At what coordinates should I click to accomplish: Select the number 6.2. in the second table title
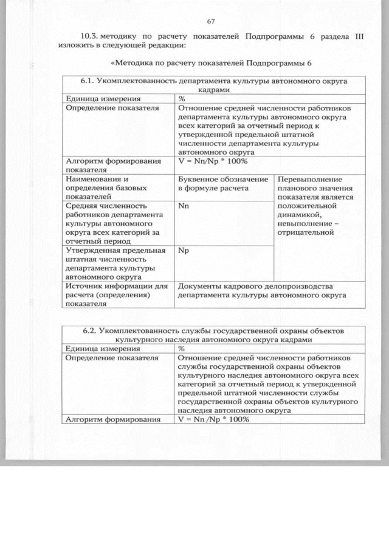click(92, 331)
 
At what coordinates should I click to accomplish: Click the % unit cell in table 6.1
click(182, 98)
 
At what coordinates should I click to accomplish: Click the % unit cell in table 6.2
click(182, 349)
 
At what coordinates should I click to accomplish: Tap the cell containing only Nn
click(184, 206)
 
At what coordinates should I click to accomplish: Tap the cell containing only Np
click(184, 250)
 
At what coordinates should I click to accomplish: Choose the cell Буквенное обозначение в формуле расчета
click(223, 184)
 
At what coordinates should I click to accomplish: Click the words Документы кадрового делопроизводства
click(256, 286)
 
